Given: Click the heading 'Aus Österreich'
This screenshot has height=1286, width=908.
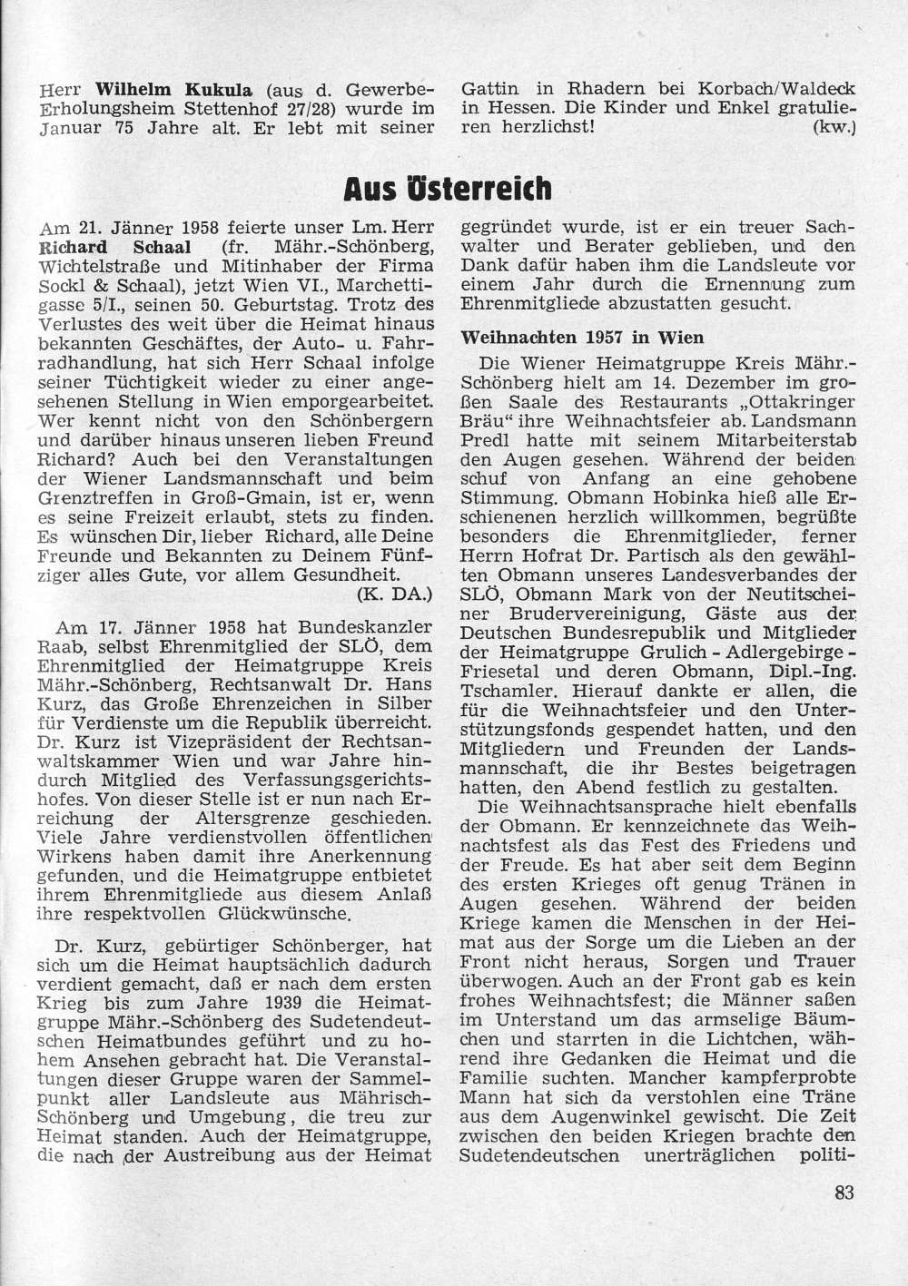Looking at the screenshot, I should pos(448,189).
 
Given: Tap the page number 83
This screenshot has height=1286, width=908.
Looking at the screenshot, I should pos(844,1192).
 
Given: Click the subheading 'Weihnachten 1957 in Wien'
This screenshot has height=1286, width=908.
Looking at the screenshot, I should pos(582,337).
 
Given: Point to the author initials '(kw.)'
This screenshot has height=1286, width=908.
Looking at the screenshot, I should pos(836,127).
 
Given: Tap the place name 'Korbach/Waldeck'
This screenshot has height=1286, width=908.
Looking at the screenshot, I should pos(777,91).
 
